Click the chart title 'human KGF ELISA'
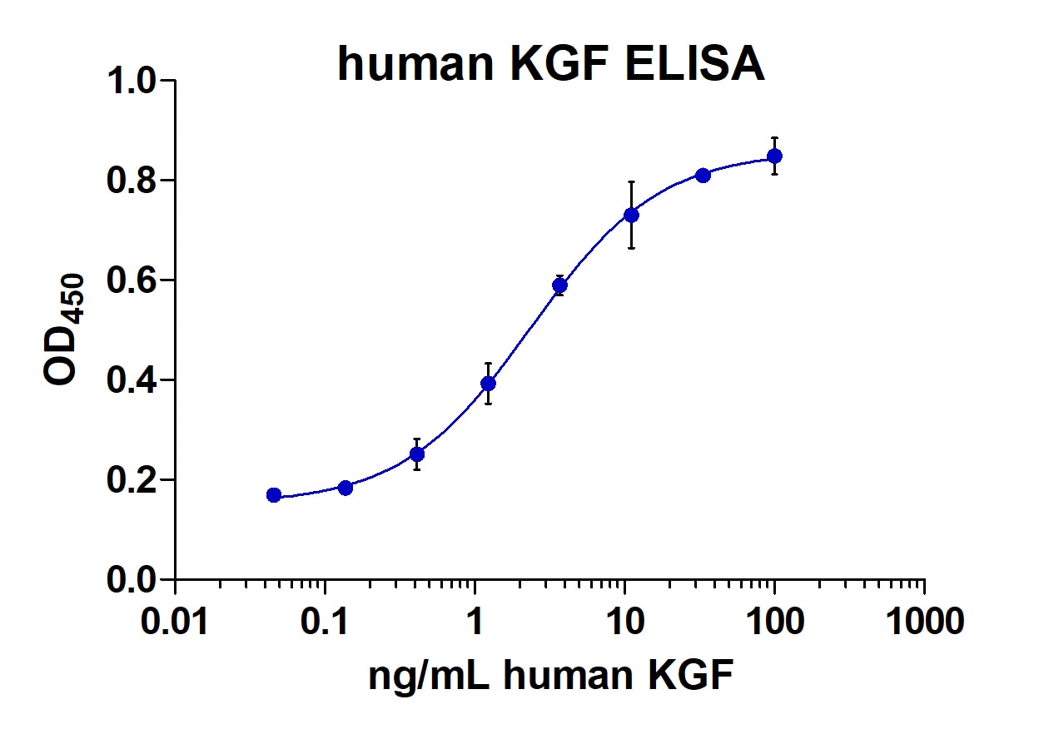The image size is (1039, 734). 550,64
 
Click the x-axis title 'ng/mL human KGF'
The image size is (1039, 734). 550,676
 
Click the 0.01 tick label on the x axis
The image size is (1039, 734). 175,621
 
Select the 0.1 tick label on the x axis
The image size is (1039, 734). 325,621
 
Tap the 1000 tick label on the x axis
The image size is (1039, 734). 924,621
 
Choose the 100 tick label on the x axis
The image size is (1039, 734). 774,621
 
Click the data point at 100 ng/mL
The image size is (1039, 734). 774,156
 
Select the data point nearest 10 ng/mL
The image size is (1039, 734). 632,216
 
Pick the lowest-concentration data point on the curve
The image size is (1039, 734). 274,495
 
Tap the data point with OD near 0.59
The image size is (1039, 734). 560,285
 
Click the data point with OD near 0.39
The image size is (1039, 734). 489,384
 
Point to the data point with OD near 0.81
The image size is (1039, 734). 703,176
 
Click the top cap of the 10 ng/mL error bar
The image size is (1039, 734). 632,181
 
